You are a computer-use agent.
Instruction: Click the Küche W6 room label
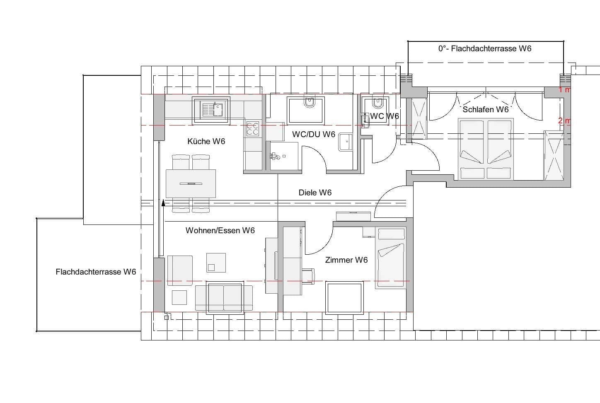pos(206,141)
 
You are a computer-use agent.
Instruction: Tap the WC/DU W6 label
pos(313,134)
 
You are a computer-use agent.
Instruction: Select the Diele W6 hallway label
pos(315,193)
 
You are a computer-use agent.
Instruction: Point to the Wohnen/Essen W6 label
pos(220,230)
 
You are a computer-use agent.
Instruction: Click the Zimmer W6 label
pos(346,260)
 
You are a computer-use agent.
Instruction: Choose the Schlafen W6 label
pos(485,109)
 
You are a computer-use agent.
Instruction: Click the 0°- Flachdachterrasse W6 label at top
pos(484,48)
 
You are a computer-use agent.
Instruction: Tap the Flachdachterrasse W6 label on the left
pos(96,272)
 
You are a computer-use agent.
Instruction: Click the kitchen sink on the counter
pos(211,110)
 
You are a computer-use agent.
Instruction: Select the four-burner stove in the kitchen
pos(253,129)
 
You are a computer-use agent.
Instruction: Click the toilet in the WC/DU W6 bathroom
pos(310,102)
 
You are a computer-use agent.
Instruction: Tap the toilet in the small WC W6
pos(377,102)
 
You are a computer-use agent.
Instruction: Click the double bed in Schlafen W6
pos(486,149)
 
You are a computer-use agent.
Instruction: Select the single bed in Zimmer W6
pos(390,258)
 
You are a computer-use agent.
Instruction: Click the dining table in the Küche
pos(191,183)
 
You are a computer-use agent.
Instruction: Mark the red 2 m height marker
pos(564,121)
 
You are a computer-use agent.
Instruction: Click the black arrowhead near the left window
pos(163,203)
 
